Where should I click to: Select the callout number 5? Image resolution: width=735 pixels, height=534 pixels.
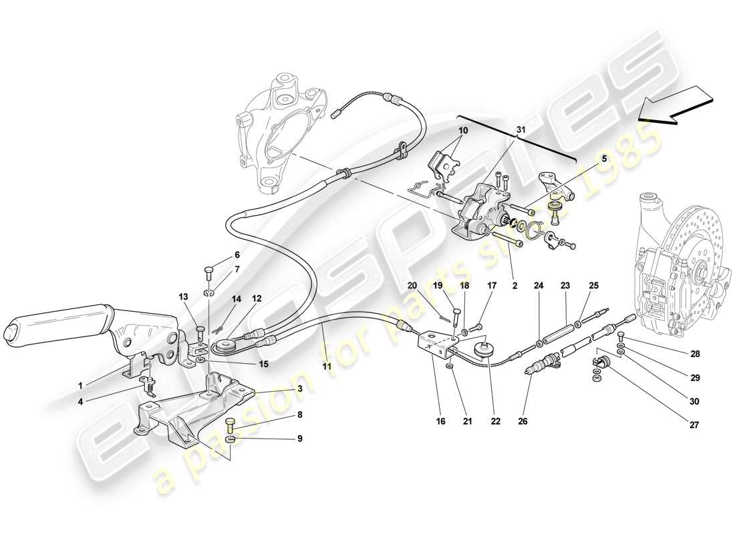click(604, 159)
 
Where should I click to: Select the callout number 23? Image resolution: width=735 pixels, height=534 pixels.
click(565, 285)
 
